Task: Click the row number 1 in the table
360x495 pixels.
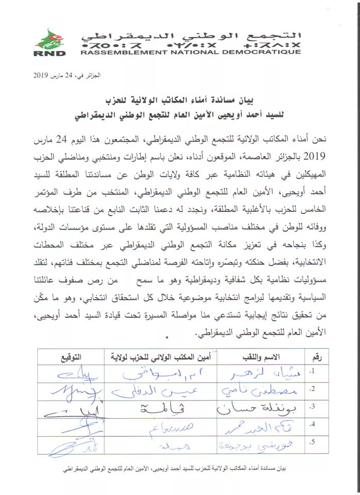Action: (310, 371)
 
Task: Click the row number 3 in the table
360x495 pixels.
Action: (310, 407)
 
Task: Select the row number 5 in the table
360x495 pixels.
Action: (310, 442)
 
